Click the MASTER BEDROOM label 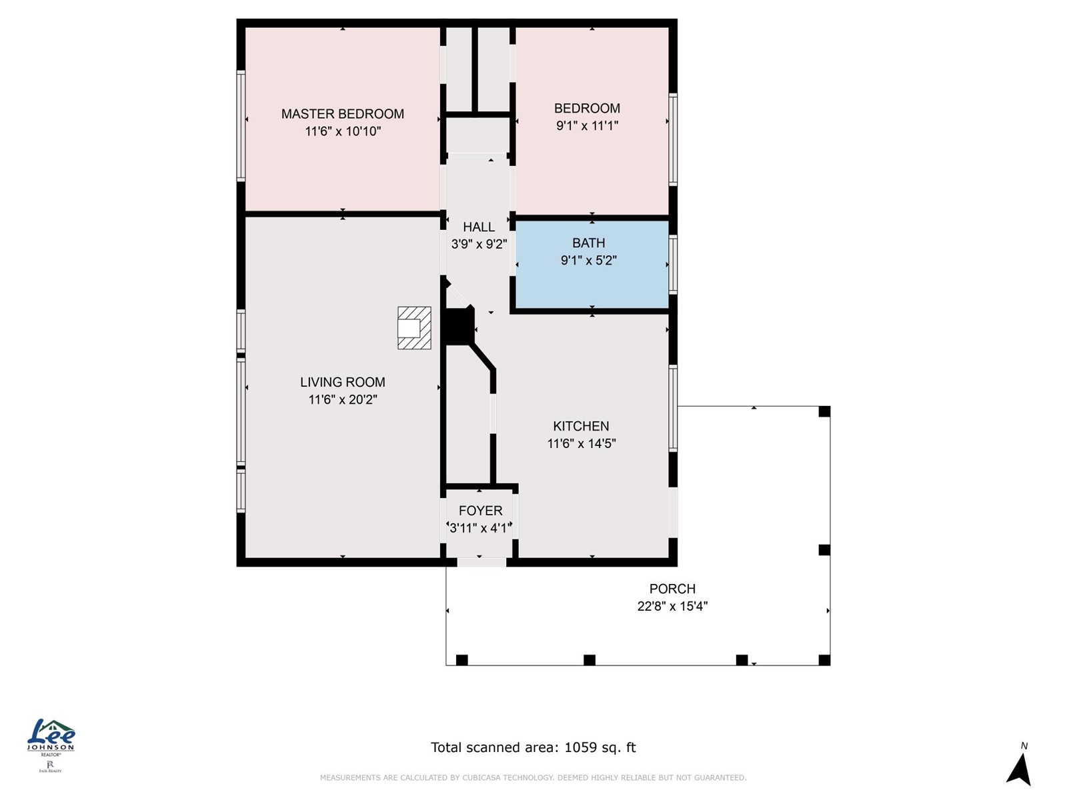click(x=342, y=114)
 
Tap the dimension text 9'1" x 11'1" click(x=587, y=125)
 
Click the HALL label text click(x=479, y=227)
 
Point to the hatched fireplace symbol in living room click(x=414, y=328)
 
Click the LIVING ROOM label click(x=342, y=382)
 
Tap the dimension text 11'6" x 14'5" click(x=581, y=443)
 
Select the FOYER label click(x=480, y=511)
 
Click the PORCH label click(x=672, y=589)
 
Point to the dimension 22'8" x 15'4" click(x=672, y=606)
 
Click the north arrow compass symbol click(x=1020, y=768)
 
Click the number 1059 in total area click(x=580, y=747)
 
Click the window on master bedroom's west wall click(x=241, y=125)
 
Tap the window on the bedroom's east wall click(x=674, y=139)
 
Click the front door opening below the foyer click(x=481, y=563)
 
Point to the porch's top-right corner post click(x=824, y=411)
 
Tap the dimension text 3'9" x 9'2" click(x=479, y=245)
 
